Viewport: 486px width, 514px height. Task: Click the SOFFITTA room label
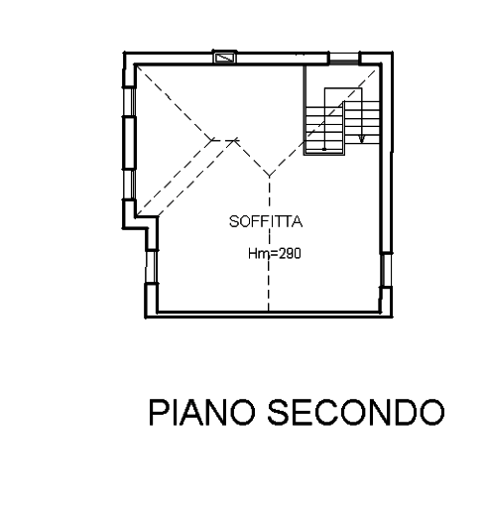point(266,221)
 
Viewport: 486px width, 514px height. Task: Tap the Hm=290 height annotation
point(275,254)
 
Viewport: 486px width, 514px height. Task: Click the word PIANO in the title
point(202,412)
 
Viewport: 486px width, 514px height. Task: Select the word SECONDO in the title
point(356,412)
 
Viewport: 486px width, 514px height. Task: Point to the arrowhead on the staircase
point(362,139)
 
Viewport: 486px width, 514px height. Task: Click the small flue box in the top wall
point(225,58)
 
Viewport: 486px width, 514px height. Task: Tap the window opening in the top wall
point(344,59)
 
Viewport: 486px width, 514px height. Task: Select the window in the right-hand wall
point(386,270)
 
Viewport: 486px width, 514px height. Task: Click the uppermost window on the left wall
point(129,102)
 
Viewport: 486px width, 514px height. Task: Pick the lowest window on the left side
point(152,267)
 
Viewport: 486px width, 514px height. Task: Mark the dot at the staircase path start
point(324,149)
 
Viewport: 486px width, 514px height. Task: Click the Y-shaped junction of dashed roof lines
point(269,176)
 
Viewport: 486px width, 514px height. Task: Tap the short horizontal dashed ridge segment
point(224,140)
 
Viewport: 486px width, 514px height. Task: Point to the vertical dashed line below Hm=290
point(269,286)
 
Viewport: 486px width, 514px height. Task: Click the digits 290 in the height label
point(291,254)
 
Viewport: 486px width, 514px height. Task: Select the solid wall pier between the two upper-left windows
point(129,143)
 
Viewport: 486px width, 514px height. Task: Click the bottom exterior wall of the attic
point(269,315)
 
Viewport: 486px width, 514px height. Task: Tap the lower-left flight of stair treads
point(324,130)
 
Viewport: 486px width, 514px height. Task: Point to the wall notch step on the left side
point(146,222)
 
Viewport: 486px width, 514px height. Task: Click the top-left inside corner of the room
point(136,65)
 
